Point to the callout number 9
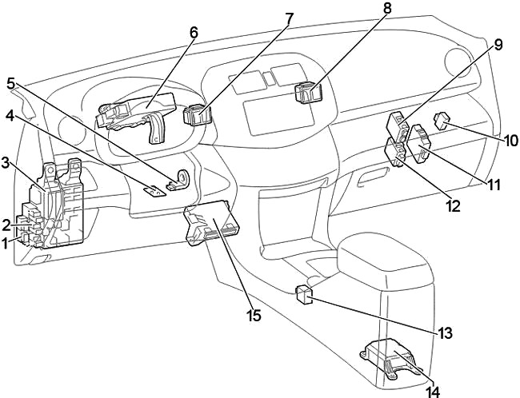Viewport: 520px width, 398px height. point(498,45)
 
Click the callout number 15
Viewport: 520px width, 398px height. point(254,315)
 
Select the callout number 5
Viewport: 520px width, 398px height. point(10,82)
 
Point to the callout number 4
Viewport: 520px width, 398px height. point(10,114)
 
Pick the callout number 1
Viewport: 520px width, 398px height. point(6,241)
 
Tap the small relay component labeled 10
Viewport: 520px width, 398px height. point(443,121)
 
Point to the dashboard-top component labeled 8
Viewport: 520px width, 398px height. point(308,94)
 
